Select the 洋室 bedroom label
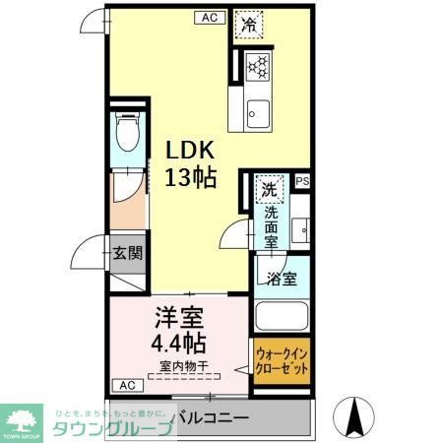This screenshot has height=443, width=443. point(178,319)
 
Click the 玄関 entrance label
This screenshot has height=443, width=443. point(127,253)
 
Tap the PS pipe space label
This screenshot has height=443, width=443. point(301,181)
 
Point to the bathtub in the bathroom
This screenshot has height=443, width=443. point(283,317)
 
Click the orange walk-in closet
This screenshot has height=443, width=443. point(282,365)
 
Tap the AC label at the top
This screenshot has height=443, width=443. point(209,17)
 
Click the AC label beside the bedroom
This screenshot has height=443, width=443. point(126,383)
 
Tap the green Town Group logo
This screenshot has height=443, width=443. point(24,419)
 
